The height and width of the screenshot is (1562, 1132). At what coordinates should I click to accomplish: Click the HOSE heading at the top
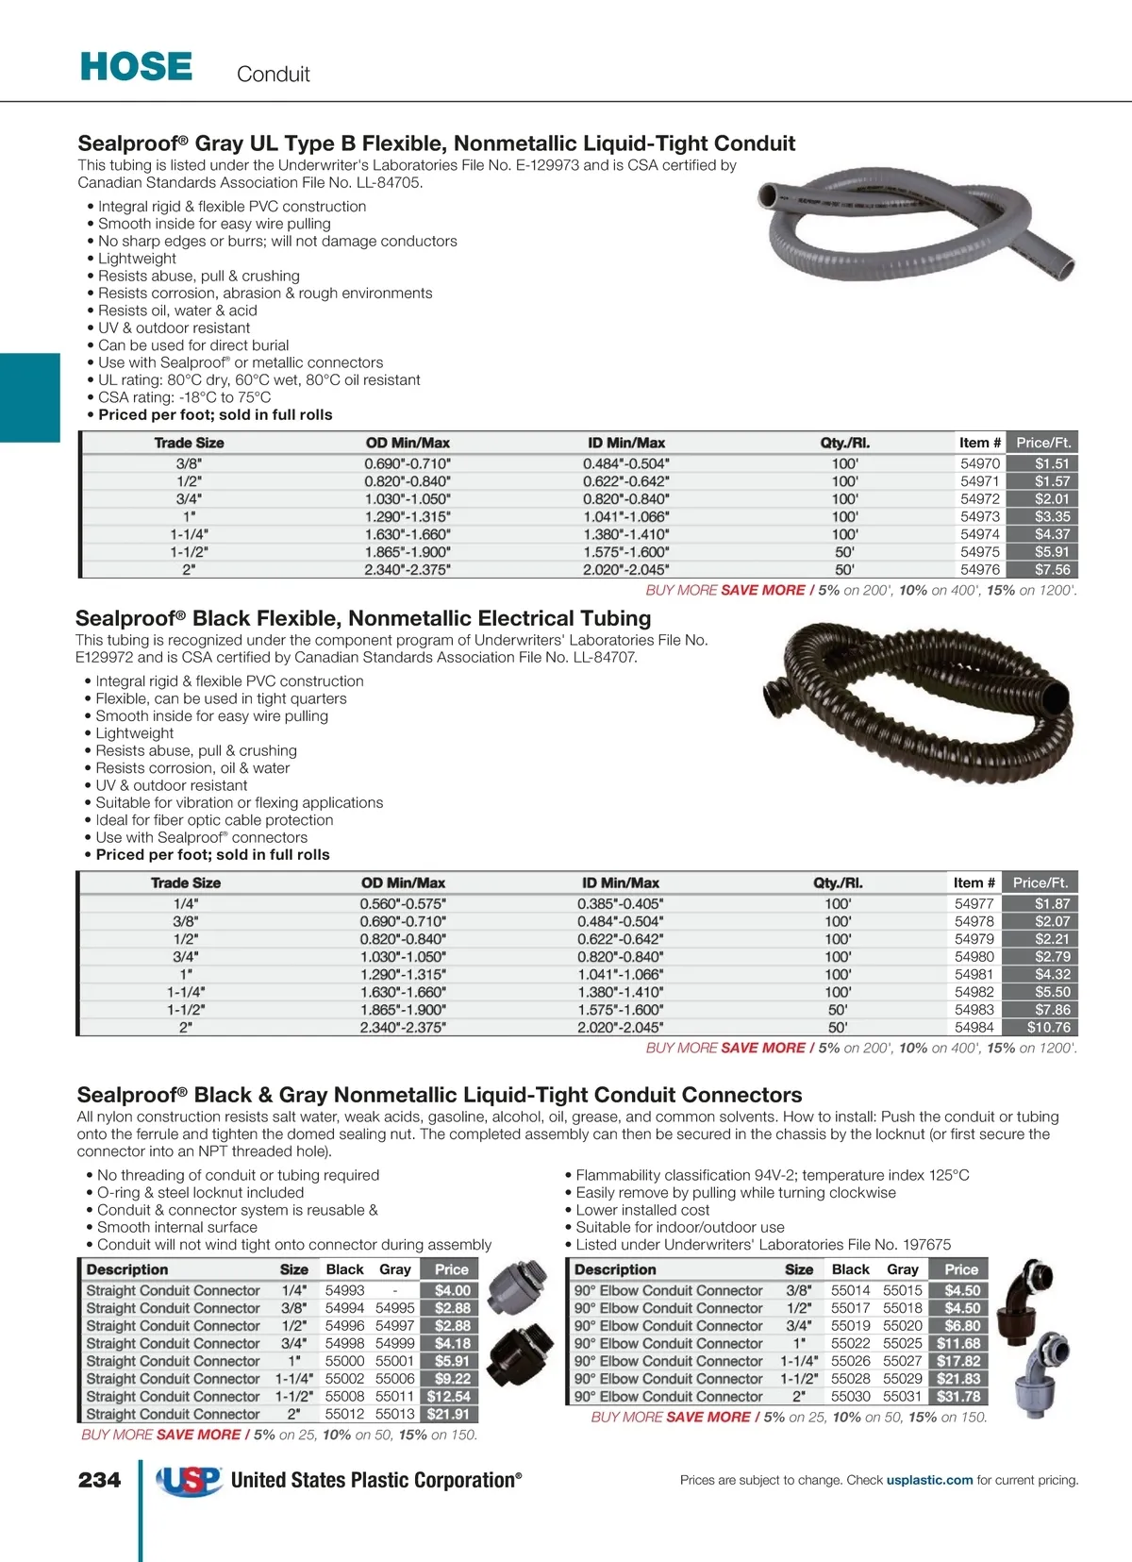pos(137,67)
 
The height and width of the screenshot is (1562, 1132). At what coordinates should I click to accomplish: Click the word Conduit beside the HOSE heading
pos(273,75)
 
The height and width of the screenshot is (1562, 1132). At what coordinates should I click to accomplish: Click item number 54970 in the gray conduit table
pos(980,463)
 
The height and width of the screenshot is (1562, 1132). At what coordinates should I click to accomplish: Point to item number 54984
pos(974,1027)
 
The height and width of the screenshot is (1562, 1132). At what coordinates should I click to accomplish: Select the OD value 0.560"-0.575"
pos(403,903)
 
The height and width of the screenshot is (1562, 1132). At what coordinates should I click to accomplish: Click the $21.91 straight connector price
pos(448,1414)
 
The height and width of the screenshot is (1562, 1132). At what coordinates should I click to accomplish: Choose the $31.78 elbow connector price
pos(958,1396)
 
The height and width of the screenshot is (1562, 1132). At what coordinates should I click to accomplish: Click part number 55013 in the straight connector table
pos(394,1414)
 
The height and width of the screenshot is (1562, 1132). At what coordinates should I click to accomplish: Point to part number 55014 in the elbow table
pos(850,1290)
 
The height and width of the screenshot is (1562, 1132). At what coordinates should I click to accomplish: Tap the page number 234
pos(100,1480)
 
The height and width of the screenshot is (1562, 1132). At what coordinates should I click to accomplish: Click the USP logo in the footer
pos(189,1481)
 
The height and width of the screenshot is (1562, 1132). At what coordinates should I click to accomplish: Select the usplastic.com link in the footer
pos(929,1480)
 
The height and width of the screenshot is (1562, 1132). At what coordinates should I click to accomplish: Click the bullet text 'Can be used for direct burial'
pos(193,345)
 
